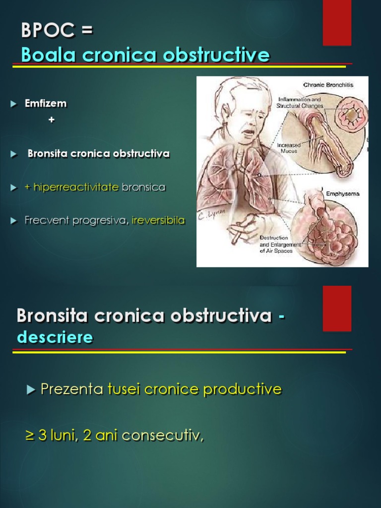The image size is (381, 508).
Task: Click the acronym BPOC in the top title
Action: [48, 30]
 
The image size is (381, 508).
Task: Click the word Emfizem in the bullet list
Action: [46, 104]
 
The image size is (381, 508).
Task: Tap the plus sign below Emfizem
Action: [52, 120]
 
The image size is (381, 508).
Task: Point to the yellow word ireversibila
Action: [158, 220]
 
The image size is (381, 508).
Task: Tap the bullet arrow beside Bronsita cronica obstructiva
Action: [13, 154]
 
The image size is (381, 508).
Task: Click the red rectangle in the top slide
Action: [337, 22]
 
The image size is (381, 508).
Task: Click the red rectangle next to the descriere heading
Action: [337, 308]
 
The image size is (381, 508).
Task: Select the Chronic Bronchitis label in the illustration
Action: [328, 85]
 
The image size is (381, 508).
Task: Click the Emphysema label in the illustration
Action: [342, 193]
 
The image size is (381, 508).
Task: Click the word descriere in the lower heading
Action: [55, 337]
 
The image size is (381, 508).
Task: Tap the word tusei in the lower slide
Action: [124, 389]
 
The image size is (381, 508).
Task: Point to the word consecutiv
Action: [163, 436]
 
